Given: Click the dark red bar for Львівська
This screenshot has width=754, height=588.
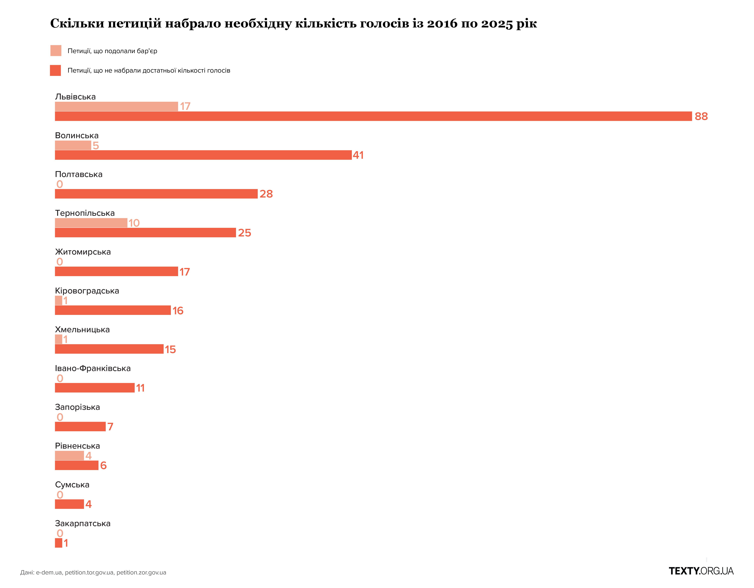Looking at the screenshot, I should pyautogui.click(x=373, y=116).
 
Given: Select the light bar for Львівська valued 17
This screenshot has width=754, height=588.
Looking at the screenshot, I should pyautogui.click(x=116, y=106).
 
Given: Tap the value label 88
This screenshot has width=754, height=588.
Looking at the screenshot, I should pyautogui.click(x=701, y=116).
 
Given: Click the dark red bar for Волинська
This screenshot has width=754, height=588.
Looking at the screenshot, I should pyautogui.click(x=203, y=155).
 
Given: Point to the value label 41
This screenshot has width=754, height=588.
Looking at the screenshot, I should pyautogui.click(x=358, y=155).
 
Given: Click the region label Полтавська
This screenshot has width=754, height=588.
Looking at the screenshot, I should pyautogui.click(x=79, y=174).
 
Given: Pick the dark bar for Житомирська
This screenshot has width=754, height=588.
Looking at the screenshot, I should pyautogui.click(x=116, y=272).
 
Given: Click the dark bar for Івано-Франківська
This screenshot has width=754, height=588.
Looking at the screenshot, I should pyautogui.click(x=95, y=388).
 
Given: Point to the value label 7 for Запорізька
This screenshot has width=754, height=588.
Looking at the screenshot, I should pyautogui.click(x=110, y=427).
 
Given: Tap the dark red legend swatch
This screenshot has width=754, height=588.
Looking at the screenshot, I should pyautogui.click(x=56, y=70).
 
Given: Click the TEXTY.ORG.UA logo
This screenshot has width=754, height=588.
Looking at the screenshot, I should pyautogui.click(x=701, y=571).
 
